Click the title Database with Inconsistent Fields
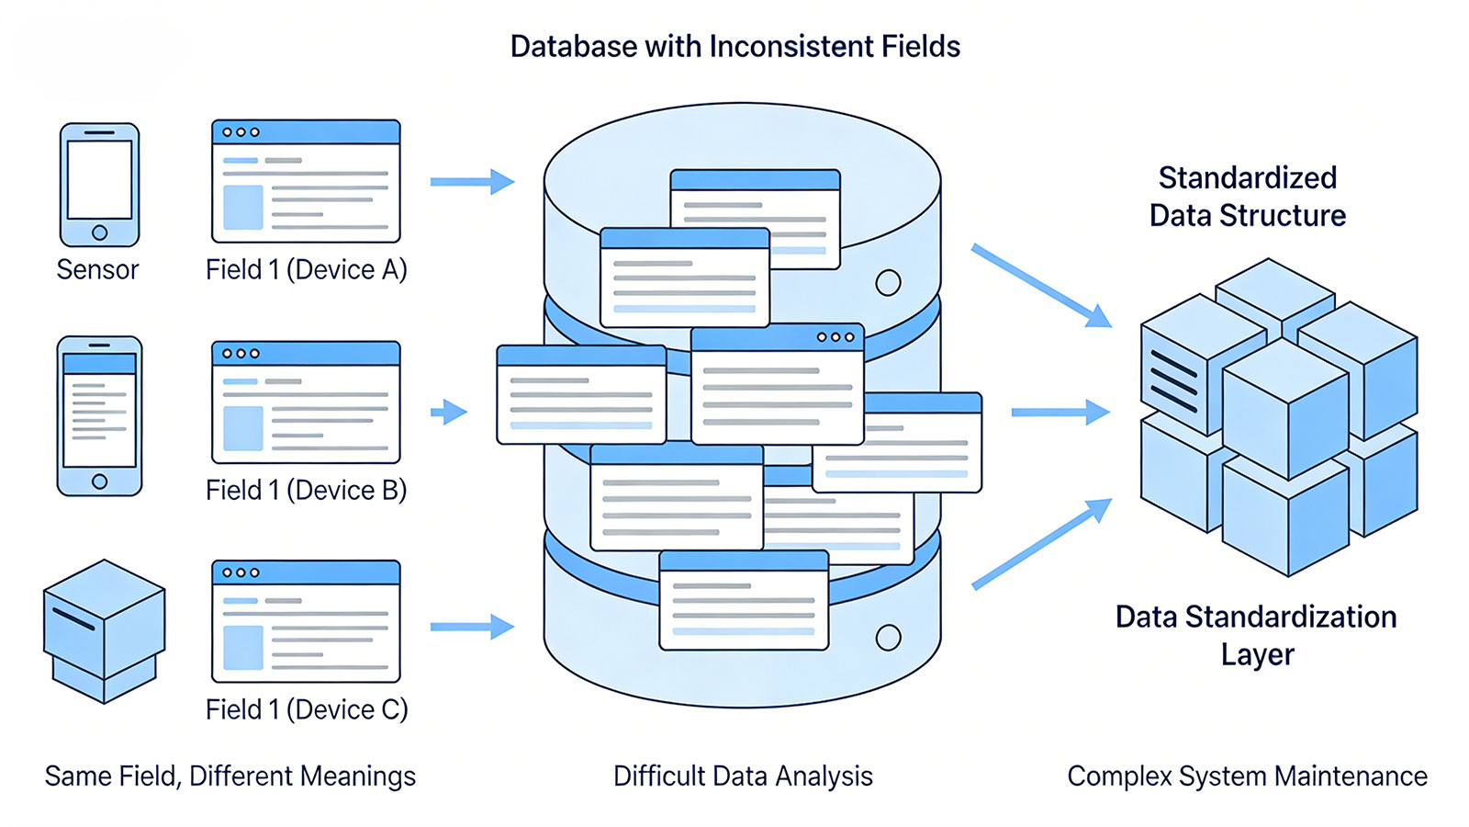coord(734,47)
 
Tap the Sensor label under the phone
coord(97,269)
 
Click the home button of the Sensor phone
coord(100,232)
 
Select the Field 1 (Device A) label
coord(306,269)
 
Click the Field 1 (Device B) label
coord(306,490)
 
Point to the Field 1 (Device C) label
coord(307,709)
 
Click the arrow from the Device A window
coord(472,182)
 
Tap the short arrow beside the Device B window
coord(449,412)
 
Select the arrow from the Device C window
coord(472,627)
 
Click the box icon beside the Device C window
coord(104,631)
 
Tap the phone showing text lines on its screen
coord(99,415)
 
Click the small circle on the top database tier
coord(888,282)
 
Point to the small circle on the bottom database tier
coord(888,637)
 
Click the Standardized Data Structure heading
coord(1247,196)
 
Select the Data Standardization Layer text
coord(1256,635)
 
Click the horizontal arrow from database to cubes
coord(1060,413)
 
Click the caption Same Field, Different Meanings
coord(230,776)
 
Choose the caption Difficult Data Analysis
coord(743,776)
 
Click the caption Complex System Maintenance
coord(1247,776)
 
